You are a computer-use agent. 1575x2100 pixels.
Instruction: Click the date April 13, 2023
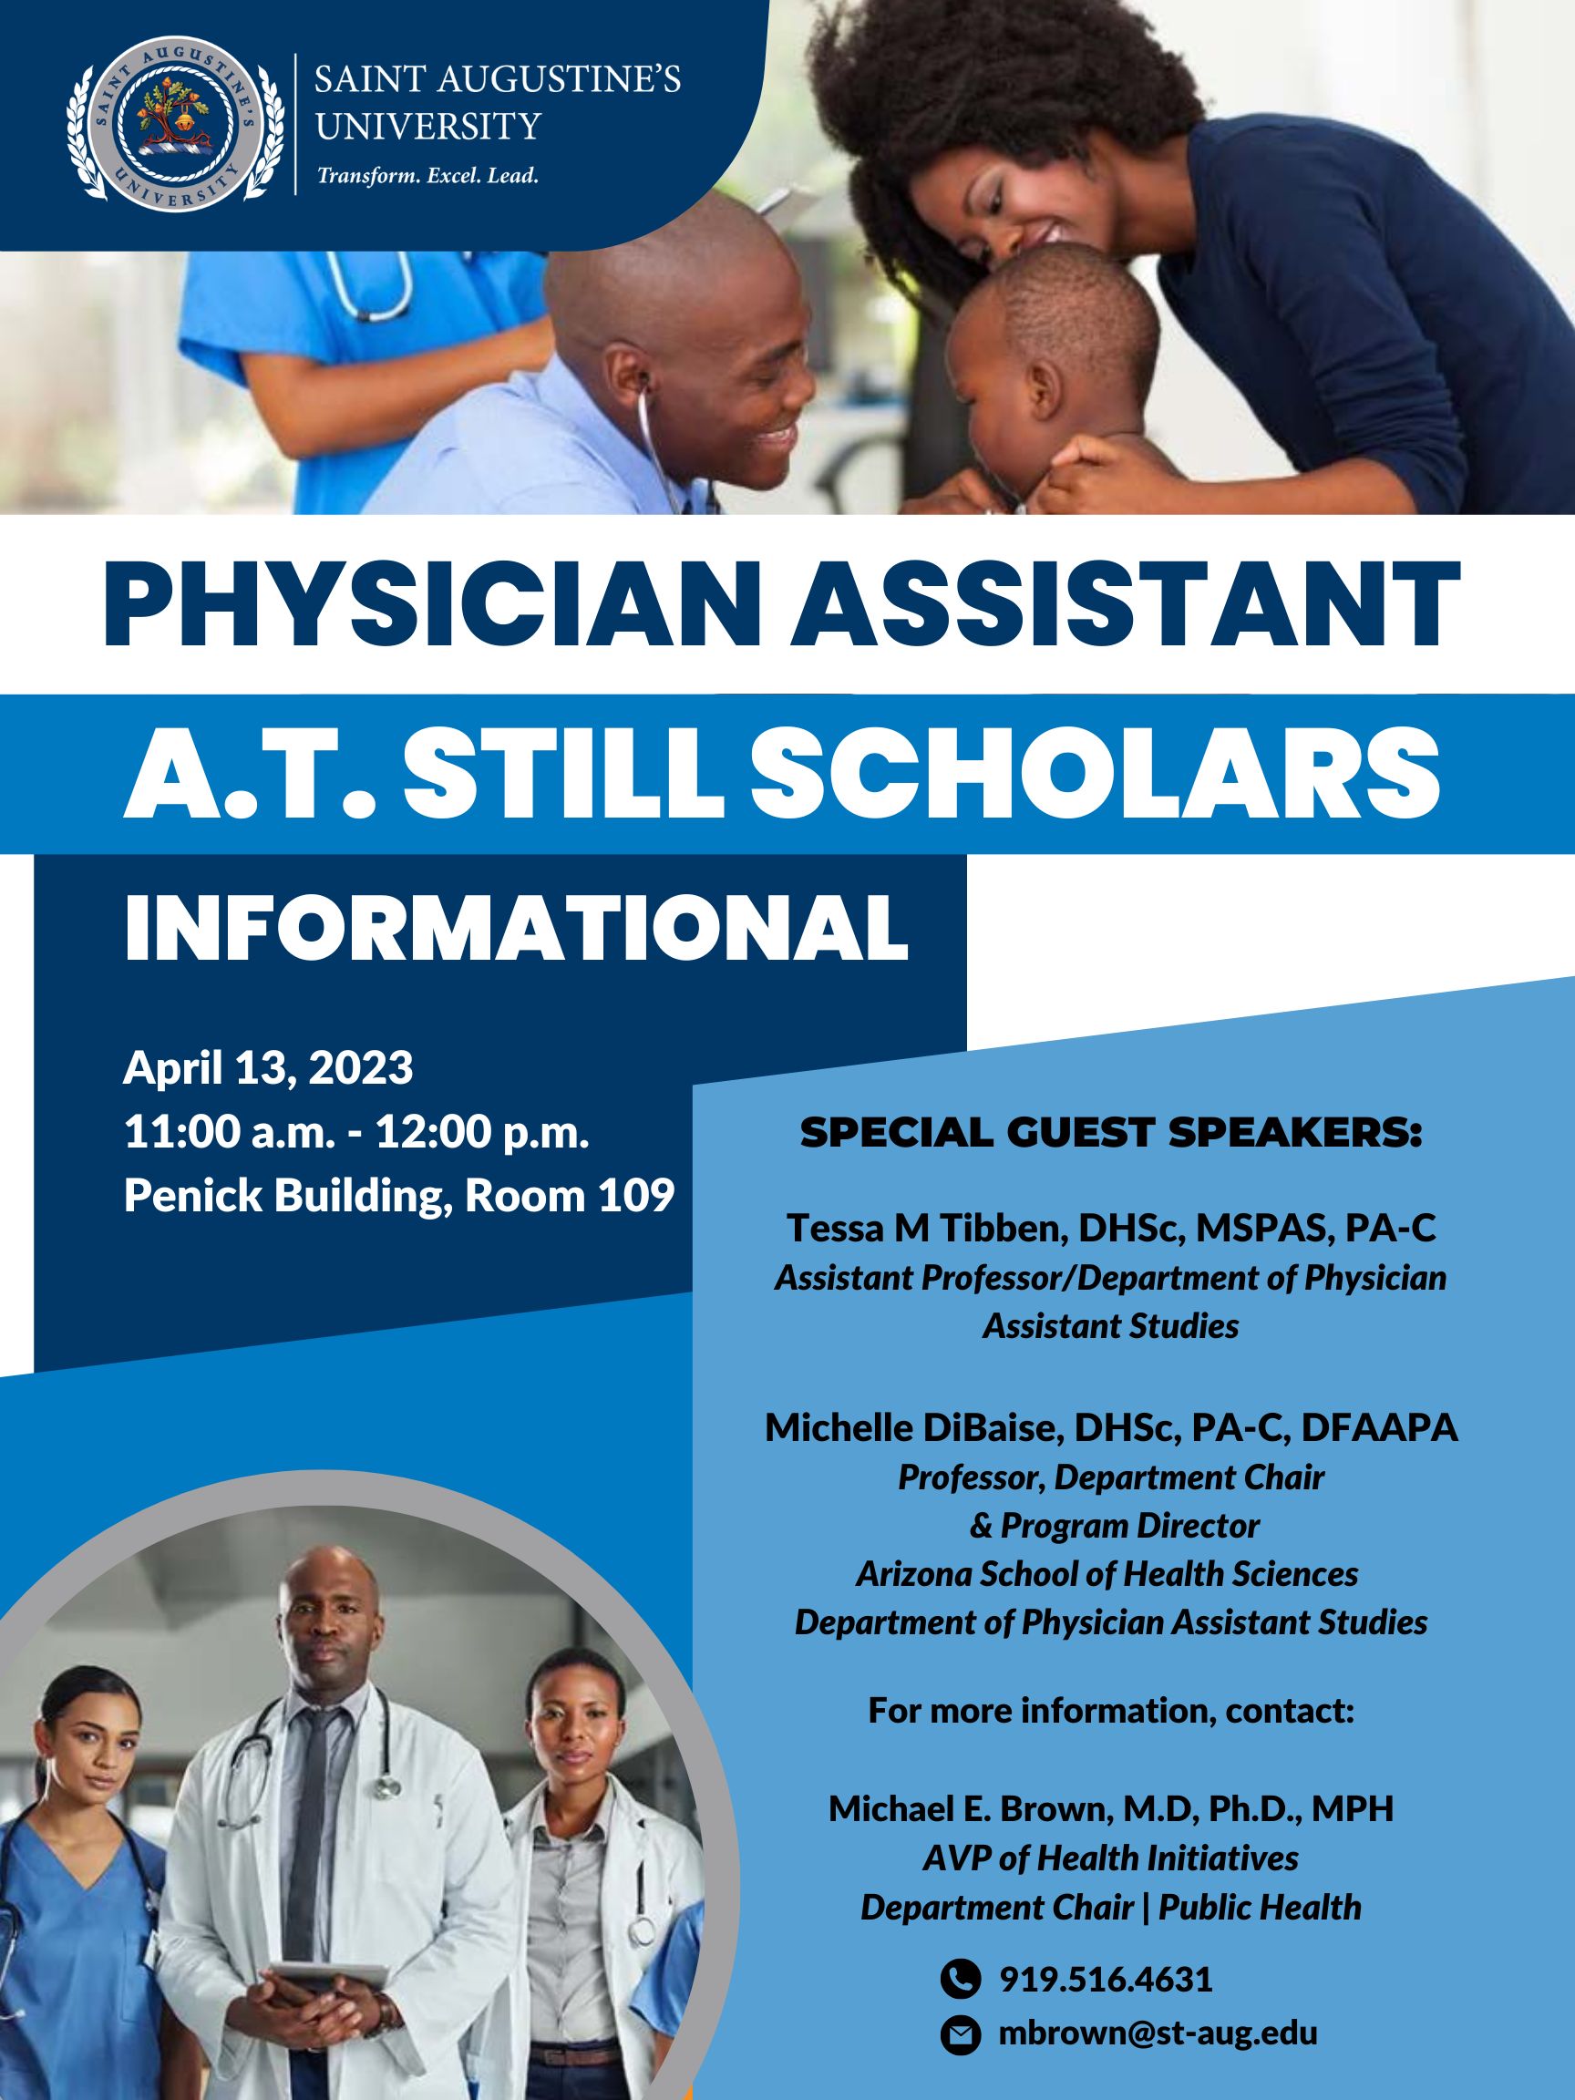[x=269, y=1068]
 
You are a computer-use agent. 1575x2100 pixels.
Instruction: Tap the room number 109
[x=635, y=1196]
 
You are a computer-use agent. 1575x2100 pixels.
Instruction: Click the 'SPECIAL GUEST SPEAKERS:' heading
[x=1111, y=1134]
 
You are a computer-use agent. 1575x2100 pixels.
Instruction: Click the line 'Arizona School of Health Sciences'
[x=1107, y=1575]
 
